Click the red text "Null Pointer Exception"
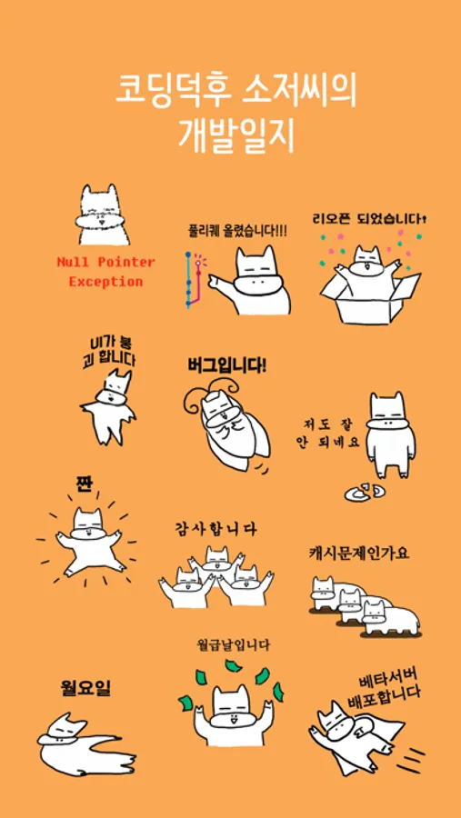106,272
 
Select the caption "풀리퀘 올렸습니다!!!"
237,230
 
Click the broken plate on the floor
365,492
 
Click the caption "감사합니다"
215,530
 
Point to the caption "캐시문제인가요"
358,554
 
